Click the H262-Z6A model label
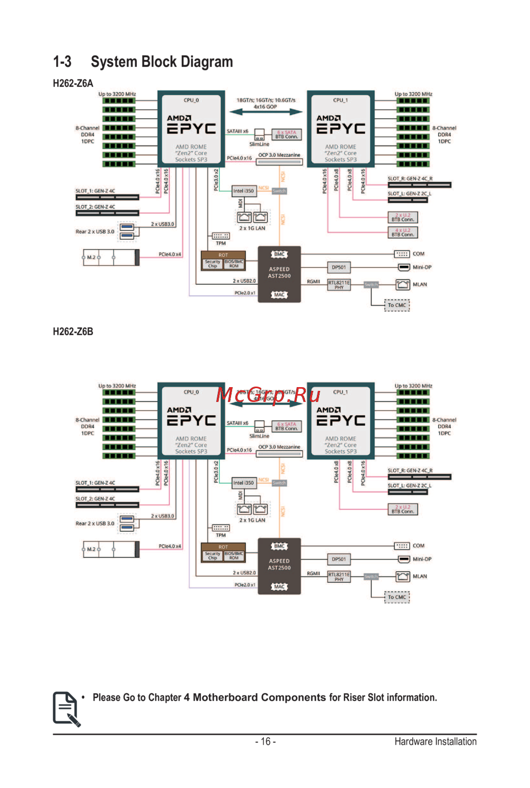click(73, 83)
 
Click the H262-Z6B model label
click(73, 331)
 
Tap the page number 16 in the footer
click(265, 741)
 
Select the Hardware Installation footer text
click(435, 741)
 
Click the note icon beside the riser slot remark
click(66, 708)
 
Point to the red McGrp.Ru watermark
click(268, 395)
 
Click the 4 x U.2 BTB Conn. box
click(403, 232)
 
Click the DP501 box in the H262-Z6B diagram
click(339, 559)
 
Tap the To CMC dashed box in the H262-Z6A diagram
click(397, 305)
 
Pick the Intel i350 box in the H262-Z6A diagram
click(244, 191)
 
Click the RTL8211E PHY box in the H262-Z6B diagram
click(339, 576)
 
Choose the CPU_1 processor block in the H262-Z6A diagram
click(341, 129)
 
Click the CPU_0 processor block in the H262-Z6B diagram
click(191, 421)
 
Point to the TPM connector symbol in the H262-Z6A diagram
click(220, 236)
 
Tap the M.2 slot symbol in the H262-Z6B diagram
click(111, 549)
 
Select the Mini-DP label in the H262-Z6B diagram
click(422, 559)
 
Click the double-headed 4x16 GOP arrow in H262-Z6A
click(266, 112)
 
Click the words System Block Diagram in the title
click(162, 62)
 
